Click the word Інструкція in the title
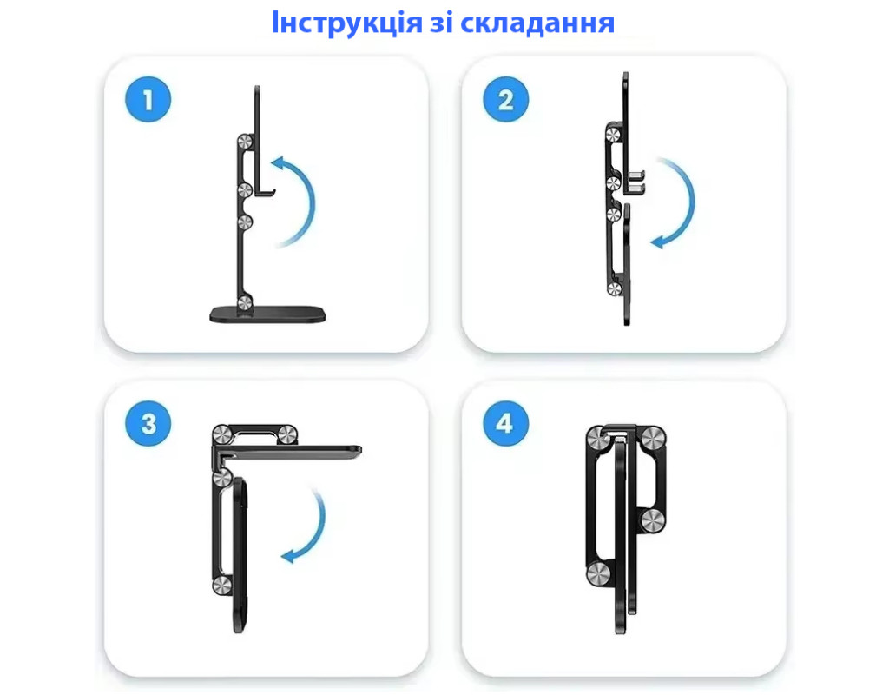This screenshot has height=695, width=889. click(x=346, y=23)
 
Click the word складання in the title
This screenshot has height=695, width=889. click(x=537, y=23)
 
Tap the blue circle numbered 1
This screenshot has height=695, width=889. click(x=148, y=99)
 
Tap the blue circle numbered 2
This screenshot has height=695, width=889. click(x=506, y=99)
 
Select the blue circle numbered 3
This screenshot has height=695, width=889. click(x=148, y=423)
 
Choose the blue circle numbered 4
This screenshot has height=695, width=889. click(x=506, y=423)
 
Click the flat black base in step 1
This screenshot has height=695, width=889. click(x=267, y=314)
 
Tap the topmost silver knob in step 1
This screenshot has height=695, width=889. click(x=245, y=142)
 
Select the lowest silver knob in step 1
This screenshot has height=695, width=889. click(x=245, y=302)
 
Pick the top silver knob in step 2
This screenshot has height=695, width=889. click(x=613, y=135)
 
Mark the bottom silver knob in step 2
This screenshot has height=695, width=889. click(x=614, y=288)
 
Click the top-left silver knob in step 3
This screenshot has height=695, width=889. click(x=221, y=435)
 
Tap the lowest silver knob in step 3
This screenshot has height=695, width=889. click(x=221, y=586)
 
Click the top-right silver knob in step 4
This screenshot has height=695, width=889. click(x=652, y=438)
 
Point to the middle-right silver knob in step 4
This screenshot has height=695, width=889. click(x=653, y=521)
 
